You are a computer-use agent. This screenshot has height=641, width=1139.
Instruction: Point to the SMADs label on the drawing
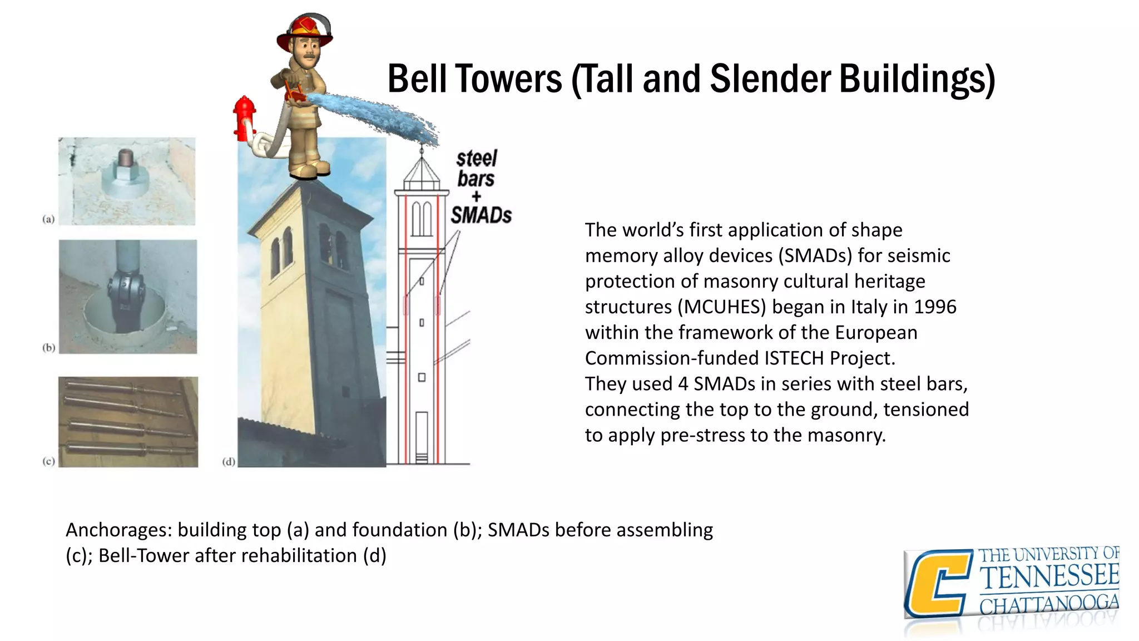point(481,215)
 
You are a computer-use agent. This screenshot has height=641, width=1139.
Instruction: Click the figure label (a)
point(49,219)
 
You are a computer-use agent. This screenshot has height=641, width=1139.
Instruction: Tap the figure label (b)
point(49,348)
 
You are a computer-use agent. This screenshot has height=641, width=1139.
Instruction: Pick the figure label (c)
point(49,461)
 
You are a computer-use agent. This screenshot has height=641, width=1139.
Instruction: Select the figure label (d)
point(229,461)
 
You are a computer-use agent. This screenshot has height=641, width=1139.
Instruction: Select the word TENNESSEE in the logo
point(1049,576)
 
